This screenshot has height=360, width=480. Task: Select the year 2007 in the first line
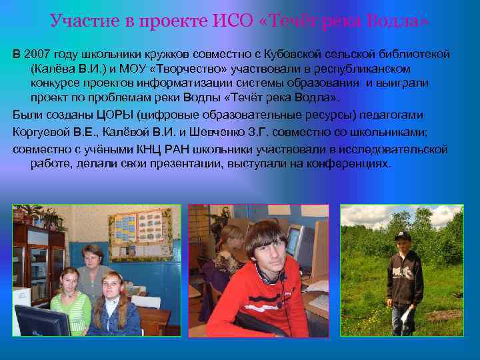[37, 53]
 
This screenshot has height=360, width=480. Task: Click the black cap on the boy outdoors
[402, 237]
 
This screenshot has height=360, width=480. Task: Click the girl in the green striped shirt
[70, 300]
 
